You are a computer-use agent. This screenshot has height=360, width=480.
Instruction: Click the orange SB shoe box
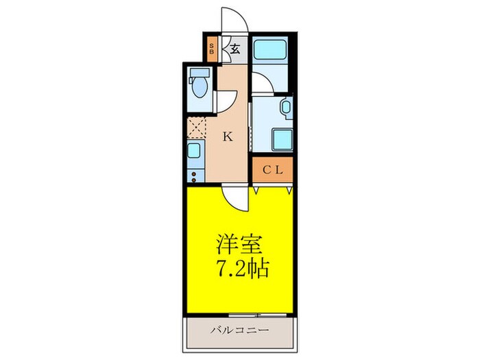coord(211,49)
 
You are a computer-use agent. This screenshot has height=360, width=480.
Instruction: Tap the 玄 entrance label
coord(235,49)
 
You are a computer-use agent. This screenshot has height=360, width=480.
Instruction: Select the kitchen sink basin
coord(195,152)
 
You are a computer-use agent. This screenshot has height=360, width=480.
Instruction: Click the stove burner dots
coord(194,176)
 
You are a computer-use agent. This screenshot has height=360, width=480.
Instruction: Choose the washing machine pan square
coord(282,139)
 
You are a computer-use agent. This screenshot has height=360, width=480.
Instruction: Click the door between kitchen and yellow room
coord(237,198)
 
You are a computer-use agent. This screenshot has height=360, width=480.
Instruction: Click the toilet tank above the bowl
coord(200,73)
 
